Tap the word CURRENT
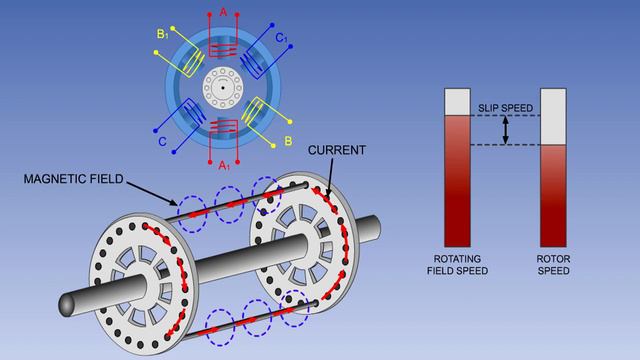pos(336,150)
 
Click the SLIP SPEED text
pos(504,107)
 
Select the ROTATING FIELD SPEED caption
pos(457,262)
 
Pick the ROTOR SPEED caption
pos(554,262)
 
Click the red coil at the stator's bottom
pos(223,130)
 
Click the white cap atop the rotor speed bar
pos(554,115)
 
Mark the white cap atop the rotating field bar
pos(457,101)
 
